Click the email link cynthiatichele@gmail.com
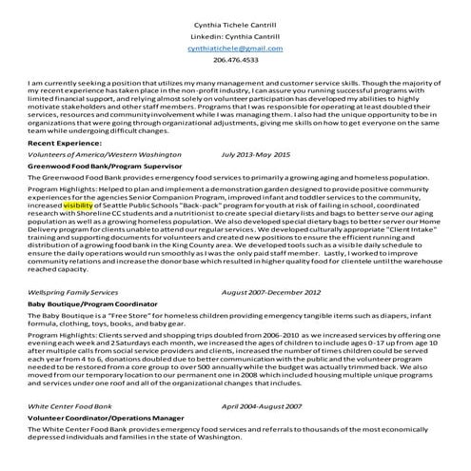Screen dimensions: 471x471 click(x=235, y=47)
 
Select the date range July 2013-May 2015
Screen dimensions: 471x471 click(x=269, y=153)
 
